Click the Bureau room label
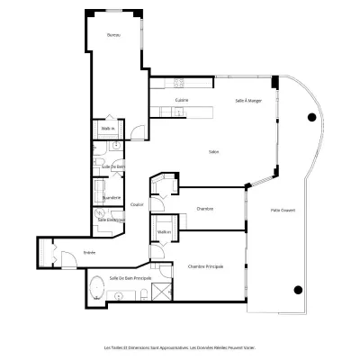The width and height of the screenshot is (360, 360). (x=112, y=35)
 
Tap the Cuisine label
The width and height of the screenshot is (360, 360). (x=182, y=99)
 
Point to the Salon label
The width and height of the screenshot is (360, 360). (x=214, y=150)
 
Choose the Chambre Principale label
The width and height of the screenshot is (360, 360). (x=205, y=267)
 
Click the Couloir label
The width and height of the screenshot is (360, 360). (x=137, y=204)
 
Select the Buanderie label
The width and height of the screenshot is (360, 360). (x=112, y=196)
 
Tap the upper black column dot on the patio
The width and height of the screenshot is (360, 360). (x=311, y=116)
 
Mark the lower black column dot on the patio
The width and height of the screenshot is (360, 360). (x=298, y=290)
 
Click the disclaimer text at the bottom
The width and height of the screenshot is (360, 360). (x=180, y=345)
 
